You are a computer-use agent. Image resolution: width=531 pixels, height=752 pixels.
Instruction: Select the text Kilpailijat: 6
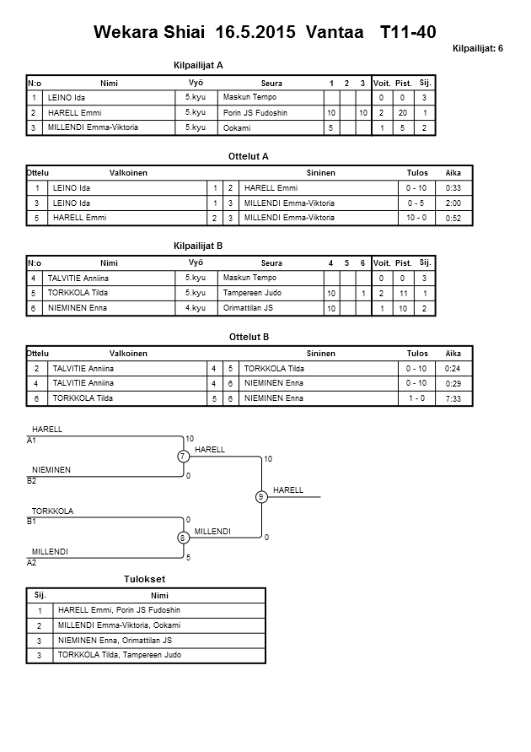click(477, 48)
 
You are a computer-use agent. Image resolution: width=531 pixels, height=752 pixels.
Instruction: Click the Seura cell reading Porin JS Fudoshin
click(256, 112)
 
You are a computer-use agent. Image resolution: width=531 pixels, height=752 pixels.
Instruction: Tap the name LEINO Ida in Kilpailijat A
click(67, 98)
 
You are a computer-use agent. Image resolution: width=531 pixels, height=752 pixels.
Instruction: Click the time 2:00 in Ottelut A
click(453, 203)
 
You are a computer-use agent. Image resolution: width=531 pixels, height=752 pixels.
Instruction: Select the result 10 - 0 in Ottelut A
click(416, 217)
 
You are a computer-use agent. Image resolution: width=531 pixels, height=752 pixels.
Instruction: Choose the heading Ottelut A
click(248, 156)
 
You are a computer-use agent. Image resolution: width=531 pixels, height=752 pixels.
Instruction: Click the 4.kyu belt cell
click(196, 308)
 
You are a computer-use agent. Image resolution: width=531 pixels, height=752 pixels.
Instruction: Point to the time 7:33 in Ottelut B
click(453, 398)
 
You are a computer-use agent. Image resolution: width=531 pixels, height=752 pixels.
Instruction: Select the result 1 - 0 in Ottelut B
click(416, 398)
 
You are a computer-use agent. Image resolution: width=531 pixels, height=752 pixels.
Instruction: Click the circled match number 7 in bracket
click(182, 457)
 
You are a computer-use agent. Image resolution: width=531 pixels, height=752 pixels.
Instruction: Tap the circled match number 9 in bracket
click(261, 497)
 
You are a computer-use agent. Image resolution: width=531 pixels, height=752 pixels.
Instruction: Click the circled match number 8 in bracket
click(182, 538)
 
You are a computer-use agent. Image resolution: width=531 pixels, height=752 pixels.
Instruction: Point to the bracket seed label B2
click(32, 480)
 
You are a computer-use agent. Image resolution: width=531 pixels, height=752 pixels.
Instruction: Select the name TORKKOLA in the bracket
click(52, 511)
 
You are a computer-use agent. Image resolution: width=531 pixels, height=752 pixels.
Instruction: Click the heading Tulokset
click(144, 579)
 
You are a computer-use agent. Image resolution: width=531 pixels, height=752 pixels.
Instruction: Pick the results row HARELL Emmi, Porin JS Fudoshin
click(119, 610)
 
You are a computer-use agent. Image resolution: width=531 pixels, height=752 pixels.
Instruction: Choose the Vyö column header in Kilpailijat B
click(195, 262)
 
